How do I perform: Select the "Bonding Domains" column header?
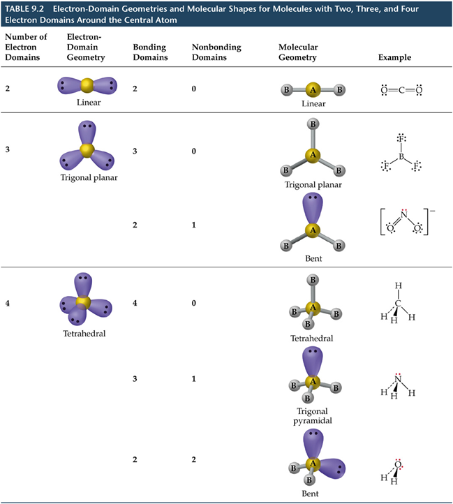coord(149,52)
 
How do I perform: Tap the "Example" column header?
coord(394,57)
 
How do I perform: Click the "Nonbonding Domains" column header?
coord(216,52)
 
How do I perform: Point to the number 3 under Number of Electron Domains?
coord(8,149)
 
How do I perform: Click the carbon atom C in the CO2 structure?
coord(401,89)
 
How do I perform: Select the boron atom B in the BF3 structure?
coord(401,157)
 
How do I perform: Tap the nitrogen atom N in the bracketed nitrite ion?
coord(403,216)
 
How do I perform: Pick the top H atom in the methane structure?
coord(398,286)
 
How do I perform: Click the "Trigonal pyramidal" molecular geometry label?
coord(313,416)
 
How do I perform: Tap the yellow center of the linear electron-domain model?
coord(87,85)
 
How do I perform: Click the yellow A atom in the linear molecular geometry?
coord(313,89)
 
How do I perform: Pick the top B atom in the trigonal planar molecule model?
coord(313,124)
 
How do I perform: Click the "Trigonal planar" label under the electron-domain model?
coord(89,177)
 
